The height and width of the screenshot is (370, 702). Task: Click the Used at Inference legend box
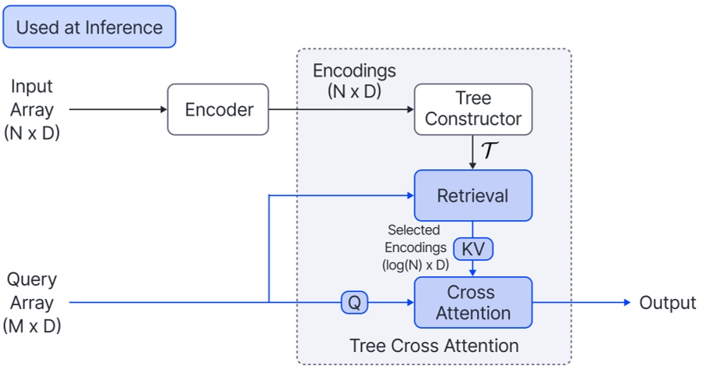(x=90, y=27)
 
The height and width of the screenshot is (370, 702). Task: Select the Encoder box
(x=218, y=109)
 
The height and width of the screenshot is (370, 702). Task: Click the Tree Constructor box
(x=473, y=109)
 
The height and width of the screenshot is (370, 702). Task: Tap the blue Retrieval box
(x=473, y=195)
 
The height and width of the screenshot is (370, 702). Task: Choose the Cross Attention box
(x=473, y=303)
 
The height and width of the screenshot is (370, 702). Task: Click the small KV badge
(x=473, y=249)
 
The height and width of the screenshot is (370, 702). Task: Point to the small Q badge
(x=354, y=303)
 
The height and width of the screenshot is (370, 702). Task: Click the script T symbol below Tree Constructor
(x=490, y=150)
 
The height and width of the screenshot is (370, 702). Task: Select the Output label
(x=667, y=303)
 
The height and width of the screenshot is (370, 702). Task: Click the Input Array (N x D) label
(x=32, y=109)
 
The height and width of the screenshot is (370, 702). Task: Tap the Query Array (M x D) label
(x=32, y=303)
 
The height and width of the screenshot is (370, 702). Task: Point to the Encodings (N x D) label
(x=354, y=80)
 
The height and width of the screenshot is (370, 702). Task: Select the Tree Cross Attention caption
(x=434, y=345)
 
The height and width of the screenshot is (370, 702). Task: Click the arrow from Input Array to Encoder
(x=117, y=109)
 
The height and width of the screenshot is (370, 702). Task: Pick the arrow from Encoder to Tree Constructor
(x=340, y=109)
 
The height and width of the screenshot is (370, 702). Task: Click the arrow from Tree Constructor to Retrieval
(x=473, y=152)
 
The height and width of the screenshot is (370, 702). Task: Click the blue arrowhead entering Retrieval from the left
(x=409, y=195)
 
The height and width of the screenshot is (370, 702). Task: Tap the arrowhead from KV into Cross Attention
(x=473, y=272)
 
